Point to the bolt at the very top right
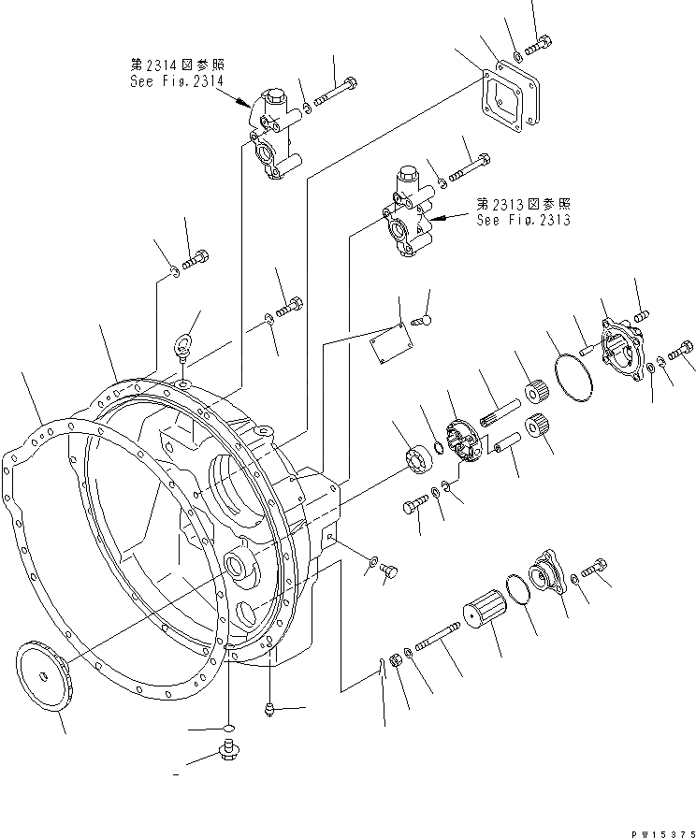[540, 42]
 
